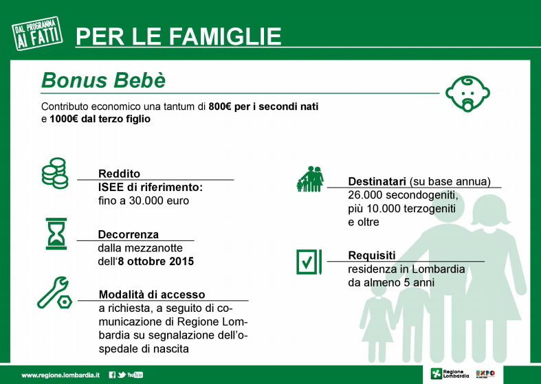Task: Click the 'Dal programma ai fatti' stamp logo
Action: point(37,34)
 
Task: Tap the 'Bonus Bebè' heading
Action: point(104,80)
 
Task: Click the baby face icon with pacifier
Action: point(467,93)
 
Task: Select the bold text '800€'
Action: point(220,106)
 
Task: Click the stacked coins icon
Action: point(55,173)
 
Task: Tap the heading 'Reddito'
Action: point(119,173)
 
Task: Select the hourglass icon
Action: point(56,234)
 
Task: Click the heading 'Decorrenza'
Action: point(129,234)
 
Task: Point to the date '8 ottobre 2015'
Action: point(155,261)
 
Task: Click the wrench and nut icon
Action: point(54,293)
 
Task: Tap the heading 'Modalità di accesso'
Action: point(152,295)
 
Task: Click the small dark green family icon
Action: point(310,179)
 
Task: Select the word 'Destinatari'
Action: point(377,181)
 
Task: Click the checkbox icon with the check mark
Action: point(309,262)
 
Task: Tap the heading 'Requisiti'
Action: point(372,256)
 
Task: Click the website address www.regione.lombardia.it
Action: point(60,375)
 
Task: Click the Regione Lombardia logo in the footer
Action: point(450,374)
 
